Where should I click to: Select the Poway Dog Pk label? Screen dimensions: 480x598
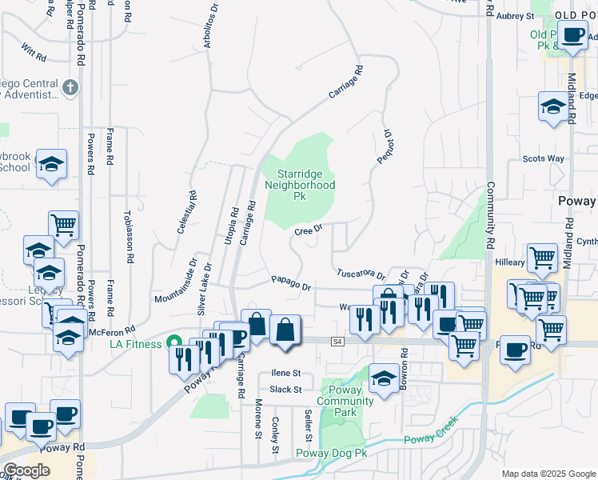point(331,453)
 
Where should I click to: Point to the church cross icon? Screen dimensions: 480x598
point(70,86)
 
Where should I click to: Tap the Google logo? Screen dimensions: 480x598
point(26,470)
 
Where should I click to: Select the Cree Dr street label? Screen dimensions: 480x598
point(308,230)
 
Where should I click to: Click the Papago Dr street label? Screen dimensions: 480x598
point(290,282)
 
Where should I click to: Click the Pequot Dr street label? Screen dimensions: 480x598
point(384,147)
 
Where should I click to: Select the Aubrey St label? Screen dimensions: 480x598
point(515,15)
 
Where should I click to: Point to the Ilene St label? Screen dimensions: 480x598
point(285,373)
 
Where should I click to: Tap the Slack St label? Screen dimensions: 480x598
point(285,390)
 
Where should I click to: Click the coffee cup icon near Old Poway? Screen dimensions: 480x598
point(572,35)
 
